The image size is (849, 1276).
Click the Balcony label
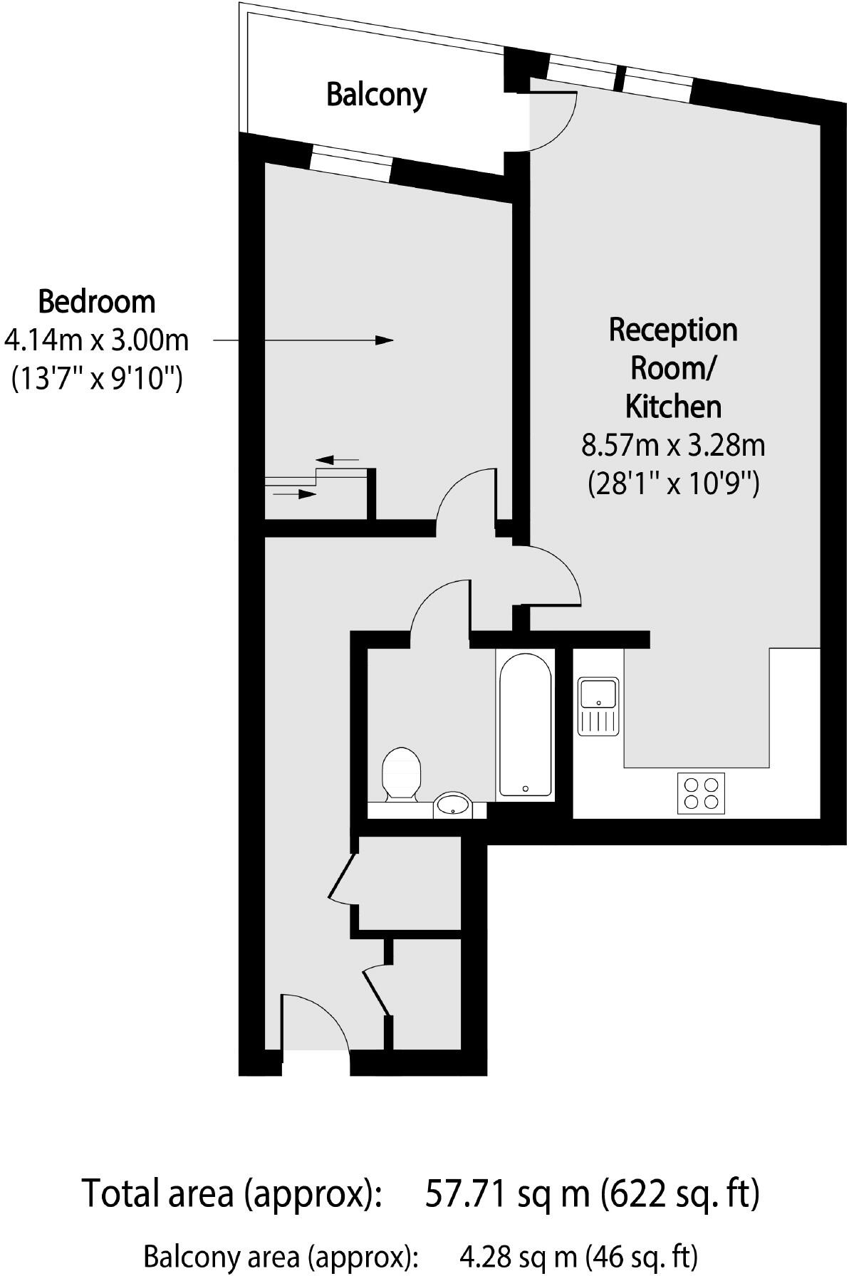pos(376,94)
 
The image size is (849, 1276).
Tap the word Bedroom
pos(96,302)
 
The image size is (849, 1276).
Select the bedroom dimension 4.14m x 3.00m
pos(96,340)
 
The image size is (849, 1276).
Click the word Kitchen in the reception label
pos(673,406)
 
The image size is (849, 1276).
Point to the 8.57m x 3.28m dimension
pos(673,446)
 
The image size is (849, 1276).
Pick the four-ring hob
pos(700,793)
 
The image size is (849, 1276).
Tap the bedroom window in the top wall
pos(351,163)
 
